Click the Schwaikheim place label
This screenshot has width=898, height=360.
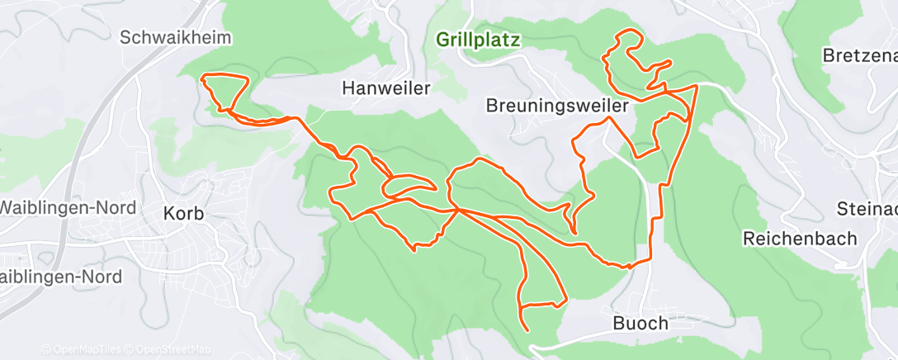click(175, 37)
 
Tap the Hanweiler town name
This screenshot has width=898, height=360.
click(386, 88)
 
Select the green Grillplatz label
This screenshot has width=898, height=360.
click(479, 40)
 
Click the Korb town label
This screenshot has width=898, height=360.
click(184, 213)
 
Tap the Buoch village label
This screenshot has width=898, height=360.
click(640, 324)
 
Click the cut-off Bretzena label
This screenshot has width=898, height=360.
click(860, 56)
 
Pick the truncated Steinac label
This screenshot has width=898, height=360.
click(867, 207)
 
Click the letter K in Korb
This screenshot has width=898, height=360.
click(169, 213)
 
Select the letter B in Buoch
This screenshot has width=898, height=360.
click(619, 324)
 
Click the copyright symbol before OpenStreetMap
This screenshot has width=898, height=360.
click(130, 350)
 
